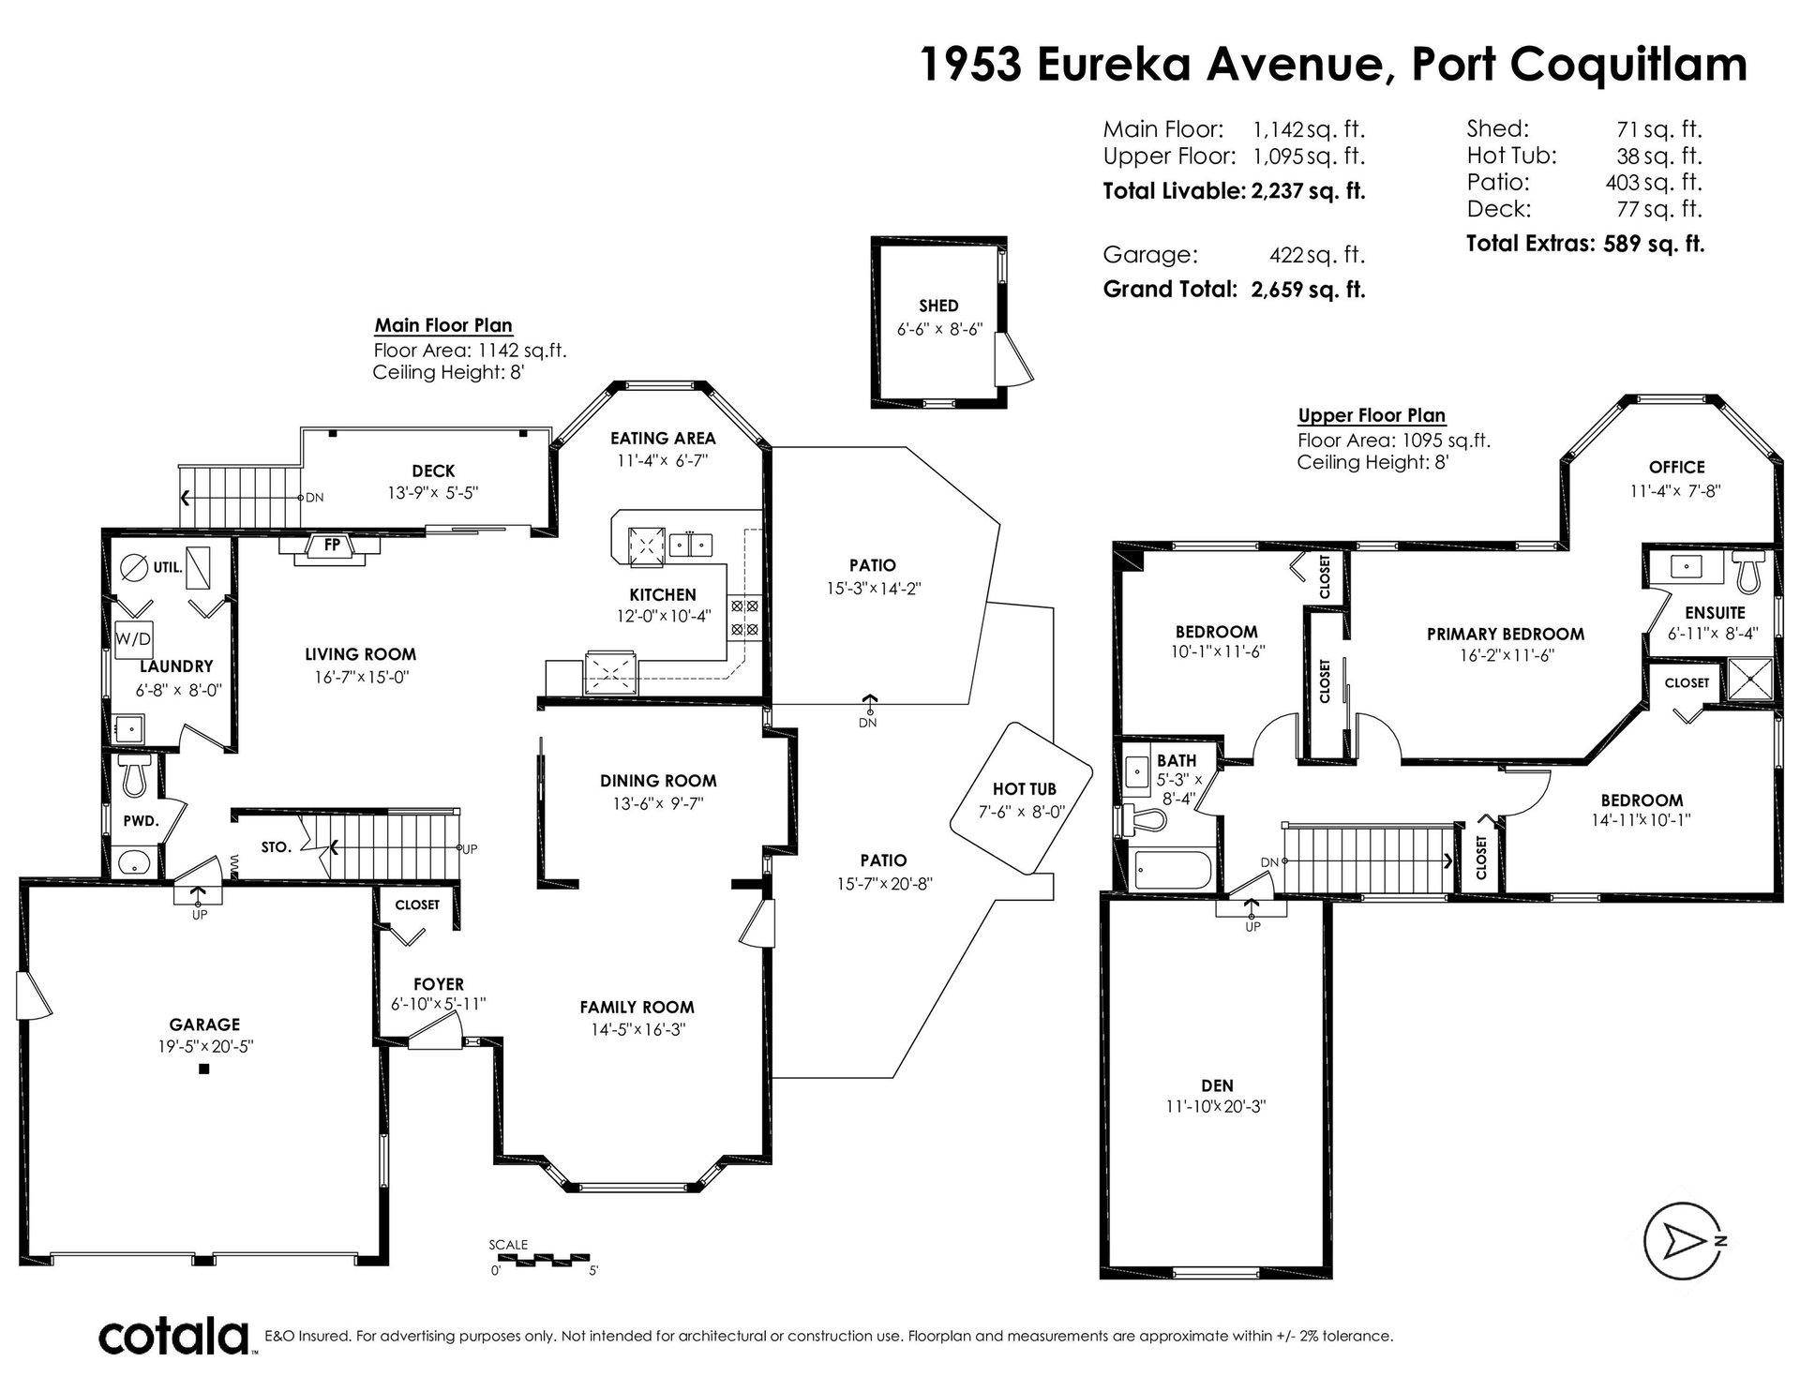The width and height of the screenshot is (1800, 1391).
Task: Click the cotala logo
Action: (x=175, y=1336)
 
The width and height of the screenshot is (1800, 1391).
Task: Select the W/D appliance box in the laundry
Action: (x=133, y=640)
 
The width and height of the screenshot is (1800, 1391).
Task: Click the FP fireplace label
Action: (x=333, y=544)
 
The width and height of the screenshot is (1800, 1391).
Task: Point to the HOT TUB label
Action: (x=1023, y=790)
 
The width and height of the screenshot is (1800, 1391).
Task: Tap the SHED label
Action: (x=938, y=306)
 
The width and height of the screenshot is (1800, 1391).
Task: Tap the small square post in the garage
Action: (x=203, y=1069)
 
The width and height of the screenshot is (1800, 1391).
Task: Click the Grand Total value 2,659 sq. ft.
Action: (x=1308, y=290)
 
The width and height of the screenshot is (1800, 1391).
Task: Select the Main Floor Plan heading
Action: (x=443, y=325)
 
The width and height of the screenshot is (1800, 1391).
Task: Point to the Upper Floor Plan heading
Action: (x=1372, y=415)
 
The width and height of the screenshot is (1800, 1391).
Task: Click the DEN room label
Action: (x=1217, y=1086)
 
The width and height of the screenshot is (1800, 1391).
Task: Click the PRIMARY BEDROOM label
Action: (x=1506, y=634)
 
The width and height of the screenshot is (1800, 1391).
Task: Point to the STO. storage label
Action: (x=276, y=847)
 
